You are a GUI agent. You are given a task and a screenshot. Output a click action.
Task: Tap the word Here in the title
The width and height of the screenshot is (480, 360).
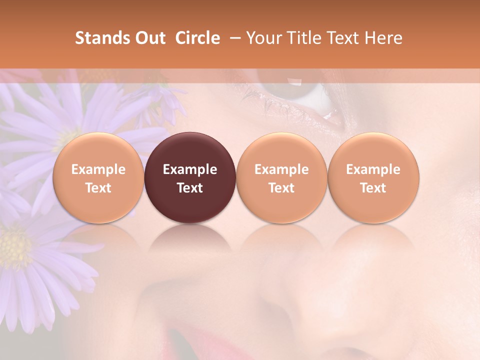(383, 38)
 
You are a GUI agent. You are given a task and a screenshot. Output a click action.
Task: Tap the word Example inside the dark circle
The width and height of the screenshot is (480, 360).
(190, 169)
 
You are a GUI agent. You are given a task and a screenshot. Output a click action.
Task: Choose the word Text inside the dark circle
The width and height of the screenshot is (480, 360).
(190, 188)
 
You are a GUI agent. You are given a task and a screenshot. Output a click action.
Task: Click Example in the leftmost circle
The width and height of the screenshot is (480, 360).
(98, 169)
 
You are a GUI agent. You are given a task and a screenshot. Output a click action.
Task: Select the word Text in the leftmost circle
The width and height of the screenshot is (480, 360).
(98, 188)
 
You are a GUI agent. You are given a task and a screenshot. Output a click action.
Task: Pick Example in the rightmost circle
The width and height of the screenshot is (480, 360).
(373, 169)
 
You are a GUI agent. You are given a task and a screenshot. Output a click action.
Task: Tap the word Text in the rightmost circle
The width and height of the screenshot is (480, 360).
(373, 188)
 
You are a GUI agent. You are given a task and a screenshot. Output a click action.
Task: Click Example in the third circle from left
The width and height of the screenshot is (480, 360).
(281, 169)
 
